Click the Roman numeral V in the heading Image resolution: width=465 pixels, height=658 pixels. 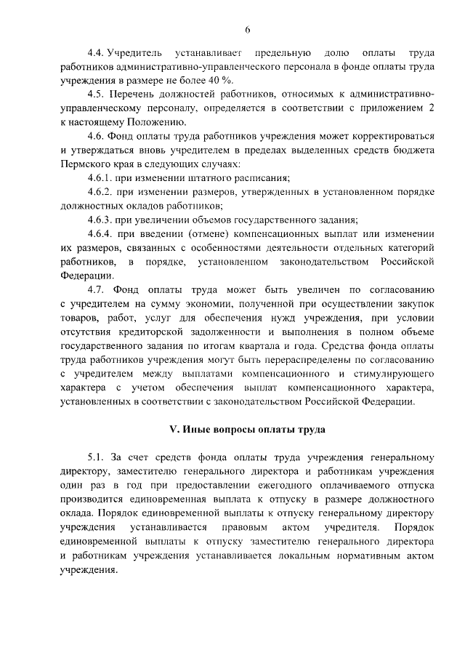click(x=173, y=430)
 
